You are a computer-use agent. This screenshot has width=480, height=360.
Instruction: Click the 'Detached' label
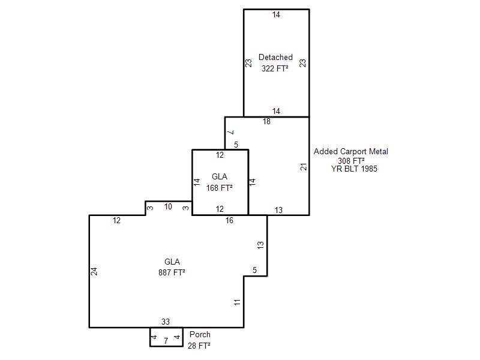[x=275, y=58]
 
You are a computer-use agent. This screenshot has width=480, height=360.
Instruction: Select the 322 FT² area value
[x=275, y=68]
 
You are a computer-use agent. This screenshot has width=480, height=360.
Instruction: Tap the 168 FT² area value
[x=220, y=188]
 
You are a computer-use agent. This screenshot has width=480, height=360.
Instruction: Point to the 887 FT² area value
[x=172, y=272]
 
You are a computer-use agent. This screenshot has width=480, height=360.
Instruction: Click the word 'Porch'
[x=200, y=335]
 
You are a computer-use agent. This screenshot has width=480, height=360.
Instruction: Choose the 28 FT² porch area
[x=199, y=346]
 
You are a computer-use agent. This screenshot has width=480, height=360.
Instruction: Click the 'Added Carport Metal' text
[x=351, y=152]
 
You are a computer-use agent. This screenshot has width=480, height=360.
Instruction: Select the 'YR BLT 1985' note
[x=354, y=169]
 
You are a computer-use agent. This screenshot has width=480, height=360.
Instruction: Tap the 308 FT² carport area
[x=352, y=161]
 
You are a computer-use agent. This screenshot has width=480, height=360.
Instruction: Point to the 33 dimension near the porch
[x=166, y=322]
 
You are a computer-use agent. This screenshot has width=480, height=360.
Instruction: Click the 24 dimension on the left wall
[x=94, y=271]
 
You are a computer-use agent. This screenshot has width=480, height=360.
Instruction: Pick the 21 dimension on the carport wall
[x=304, y=166]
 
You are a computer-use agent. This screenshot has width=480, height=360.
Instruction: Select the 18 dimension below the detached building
[x=266, y=122]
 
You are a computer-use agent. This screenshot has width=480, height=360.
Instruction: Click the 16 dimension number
[x=229, y=221]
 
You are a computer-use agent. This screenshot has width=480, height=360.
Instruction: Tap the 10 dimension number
[x=168, y=207]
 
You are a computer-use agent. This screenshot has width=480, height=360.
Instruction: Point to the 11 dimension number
[x=238, y=302]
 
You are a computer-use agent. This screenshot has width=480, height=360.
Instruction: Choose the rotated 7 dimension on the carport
[x=230, y=132]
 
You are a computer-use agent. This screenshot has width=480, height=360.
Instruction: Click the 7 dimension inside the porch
[x=166, y=341]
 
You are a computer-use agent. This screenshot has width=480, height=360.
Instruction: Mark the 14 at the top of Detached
[x=276, y=15]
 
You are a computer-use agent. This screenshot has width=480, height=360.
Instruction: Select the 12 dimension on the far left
[x=116, y=221]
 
